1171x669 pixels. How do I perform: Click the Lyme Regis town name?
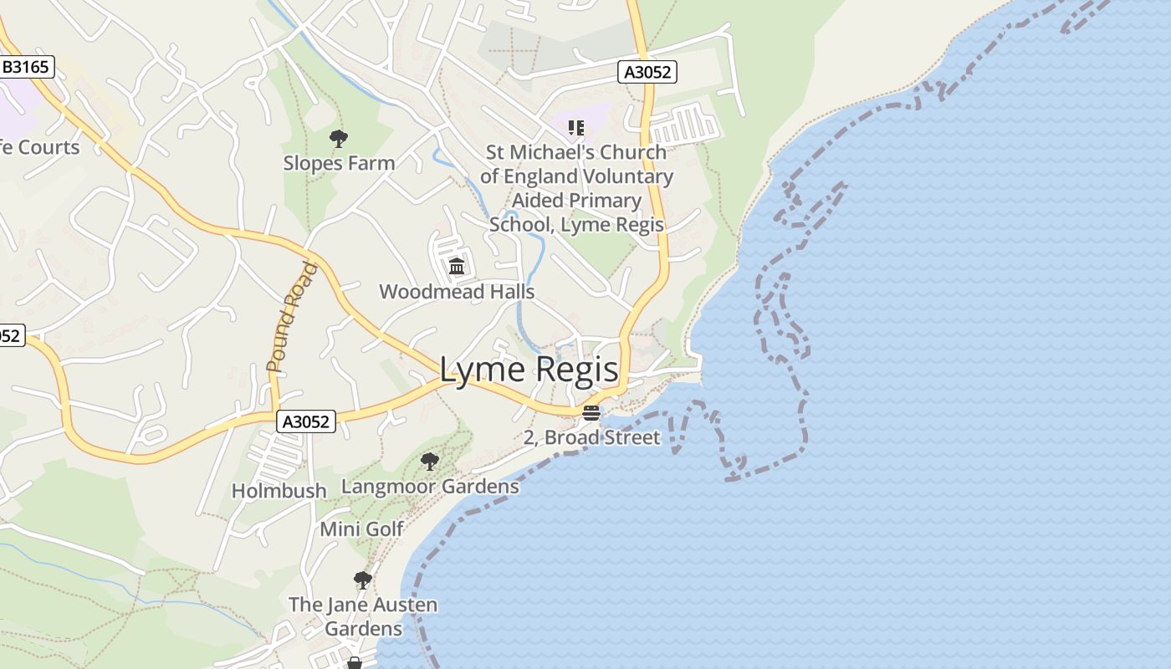point(529,370)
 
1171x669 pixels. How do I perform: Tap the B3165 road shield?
point(27,67)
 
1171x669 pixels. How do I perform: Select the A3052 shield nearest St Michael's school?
point(647,72)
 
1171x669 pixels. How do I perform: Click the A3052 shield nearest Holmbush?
point(306,421)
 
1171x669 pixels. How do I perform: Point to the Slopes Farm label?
point(339,163)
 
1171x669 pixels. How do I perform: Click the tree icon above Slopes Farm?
point(339,139)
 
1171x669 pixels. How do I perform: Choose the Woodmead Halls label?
point(457,292)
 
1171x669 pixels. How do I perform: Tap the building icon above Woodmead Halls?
point(457,267)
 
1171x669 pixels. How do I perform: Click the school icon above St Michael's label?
point(575,128)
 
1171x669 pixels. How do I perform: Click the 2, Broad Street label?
point(591,437)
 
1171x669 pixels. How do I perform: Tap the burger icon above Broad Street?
point(591,413)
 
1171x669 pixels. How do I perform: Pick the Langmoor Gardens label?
point(430,487)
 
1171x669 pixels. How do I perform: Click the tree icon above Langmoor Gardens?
point(430,461)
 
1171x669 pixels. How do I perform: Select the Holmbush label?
point(279,491)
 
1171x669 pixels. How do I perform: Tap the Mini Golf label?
point(361,529)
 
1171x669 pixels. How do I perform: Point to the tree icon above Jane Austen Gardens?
point(362,580)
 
